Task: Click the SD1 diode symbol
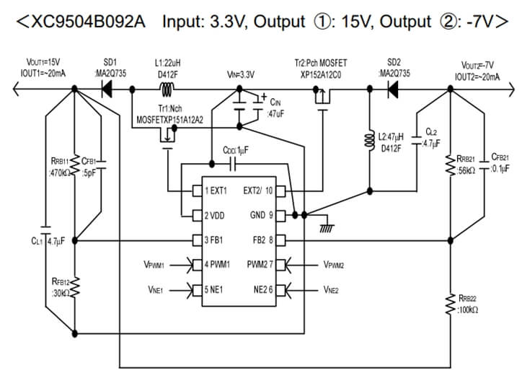click(x=107, y=89)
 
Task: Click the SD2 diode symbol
click(x=394, y=89)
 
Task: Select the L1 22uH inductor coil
click(x=169, y=89)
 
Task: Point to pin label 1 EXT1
click(x=215, y=191)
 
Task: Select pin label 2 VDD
click(x=214, y=215)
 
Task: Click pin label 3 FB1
click(x=213, y=240)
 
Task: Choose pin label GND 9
click(x=261, y=215)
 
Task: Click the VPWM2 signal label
click(x=334, y=265)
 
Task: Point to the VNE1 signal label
click(x=155, y=290)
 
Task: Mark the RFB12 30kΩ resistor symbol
click(x=76, y=287)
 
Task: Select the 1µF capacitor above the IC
click(x=234, y=165)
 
